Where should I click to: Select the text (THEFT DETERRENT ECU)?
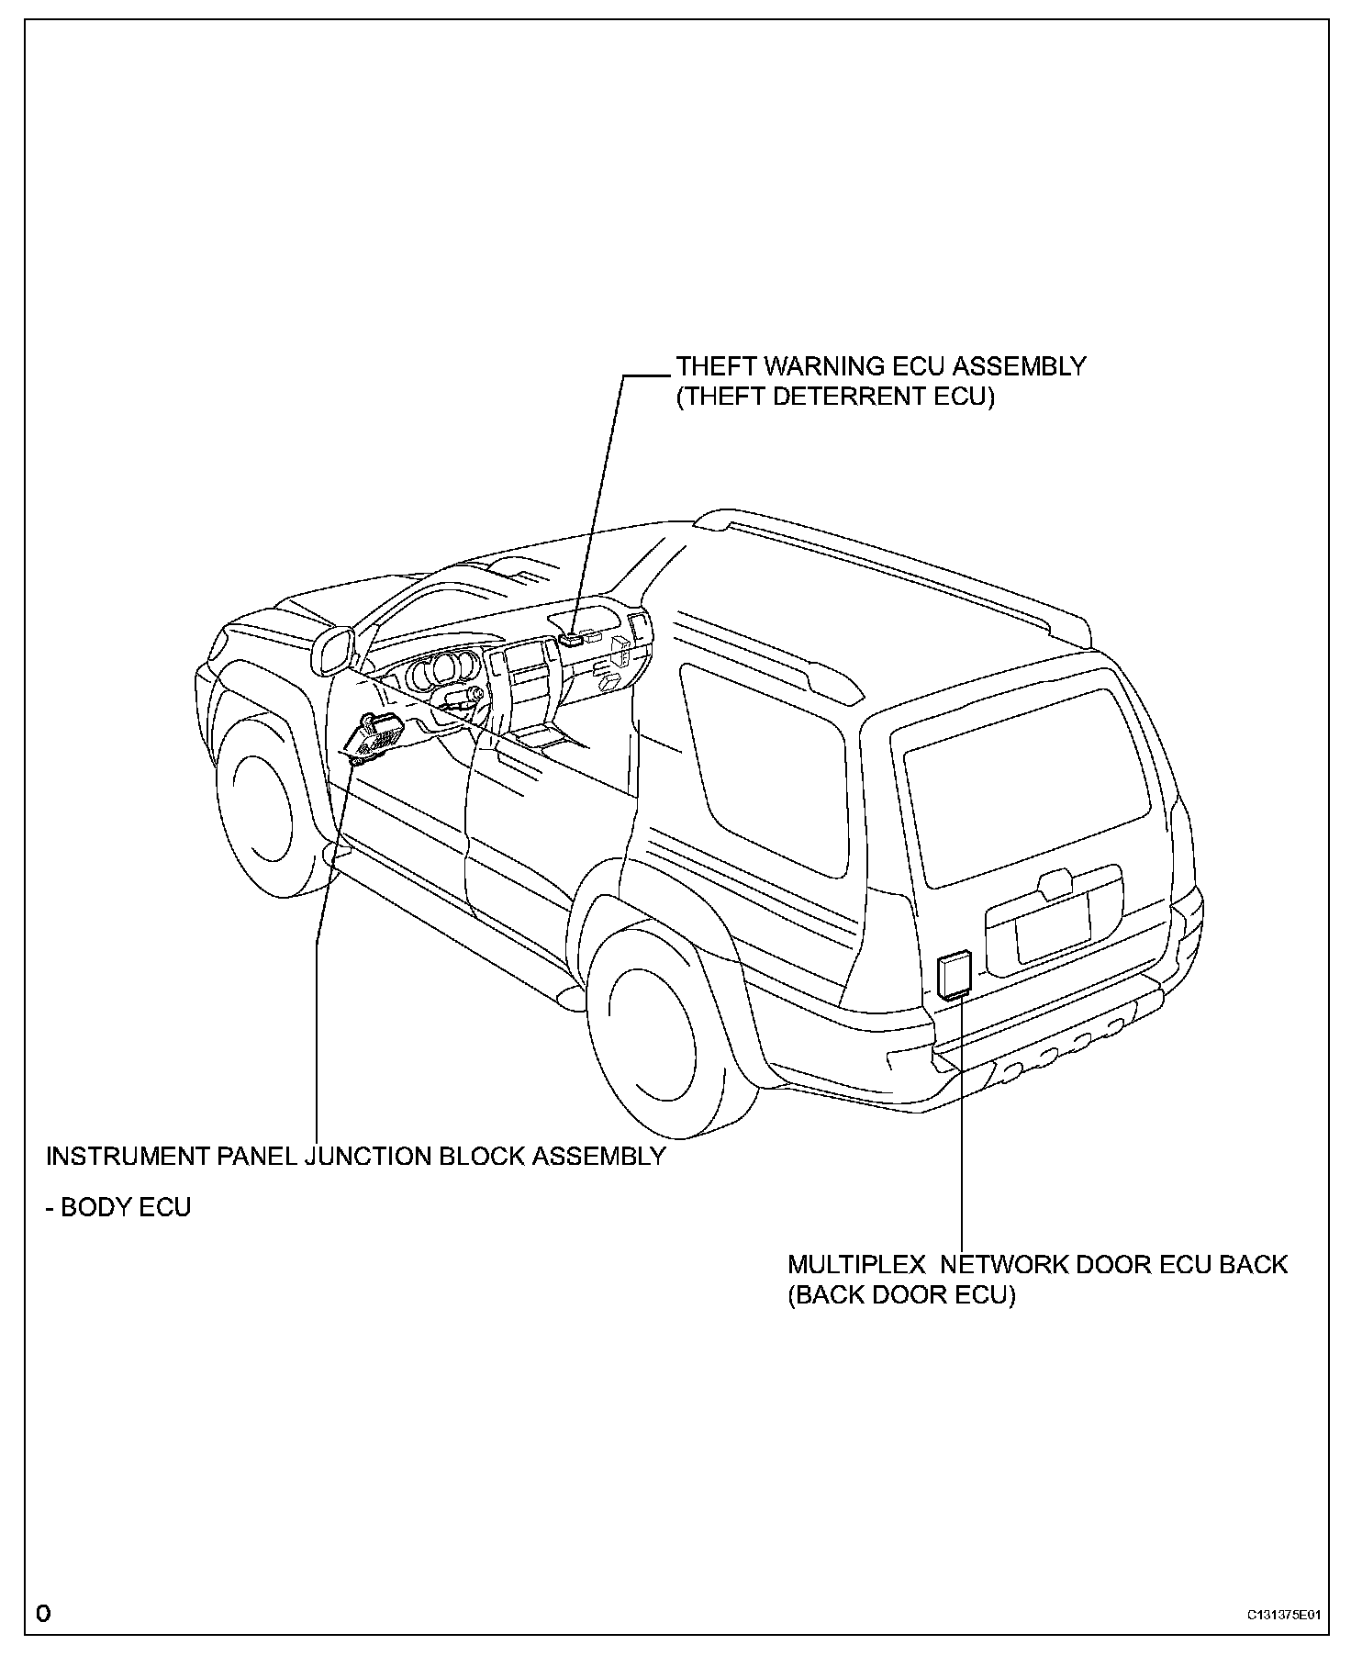click(835, 397)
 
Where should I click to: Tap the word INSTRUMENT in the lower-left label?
click(125, 1156)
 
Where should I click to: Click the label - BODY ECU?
click(118, 1206)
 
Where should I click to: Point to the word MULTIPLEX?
click(856, 1264)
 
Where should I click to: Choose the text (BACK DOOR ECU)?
click(901, 1295)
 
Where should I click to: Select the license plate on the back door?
click(1052, 928)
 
